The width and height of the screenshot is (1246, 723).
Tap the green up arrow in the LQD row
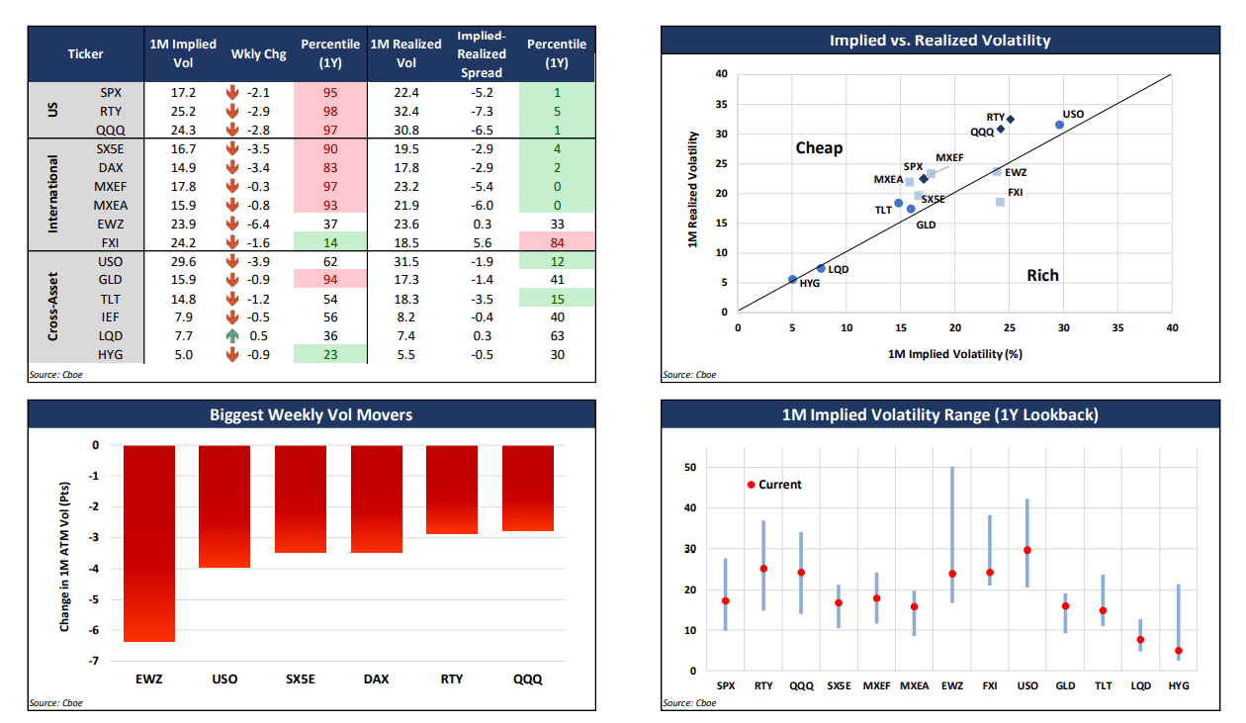coord(234,336)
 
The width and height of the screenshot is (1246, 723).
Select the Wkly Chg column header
coord(258,54)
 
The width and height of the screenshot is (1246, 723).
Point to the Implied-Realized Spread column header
coord(482,54)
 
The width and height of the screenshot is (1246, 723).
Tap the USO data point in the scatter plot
coord(1059,125)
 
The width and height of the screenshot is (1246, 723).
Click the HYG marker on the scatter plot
coord(792,279)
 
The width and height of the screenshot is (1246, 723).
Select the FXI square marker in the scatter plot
coord(1000,202)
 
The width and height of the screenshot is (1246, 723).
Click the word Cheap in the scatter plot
coord(819,148)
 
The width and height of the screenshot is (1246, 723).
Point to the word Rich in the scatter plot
coord(1042,275)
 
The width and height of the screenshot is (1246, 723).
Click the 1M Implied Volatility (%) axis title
coord(954,353)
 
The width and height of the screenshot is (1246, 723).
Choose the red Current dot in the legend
coord(751,485)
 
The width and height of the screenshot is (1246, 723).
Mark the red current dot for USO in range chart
coord(1027,550)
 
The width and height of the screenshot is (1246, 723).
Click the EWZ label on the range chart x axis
coord(951,685)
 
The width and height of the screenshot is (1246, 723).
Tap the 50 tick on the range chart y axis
coord(690,468)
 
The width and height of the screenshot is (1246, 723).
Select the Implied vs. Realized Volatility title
coord(939,41)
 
